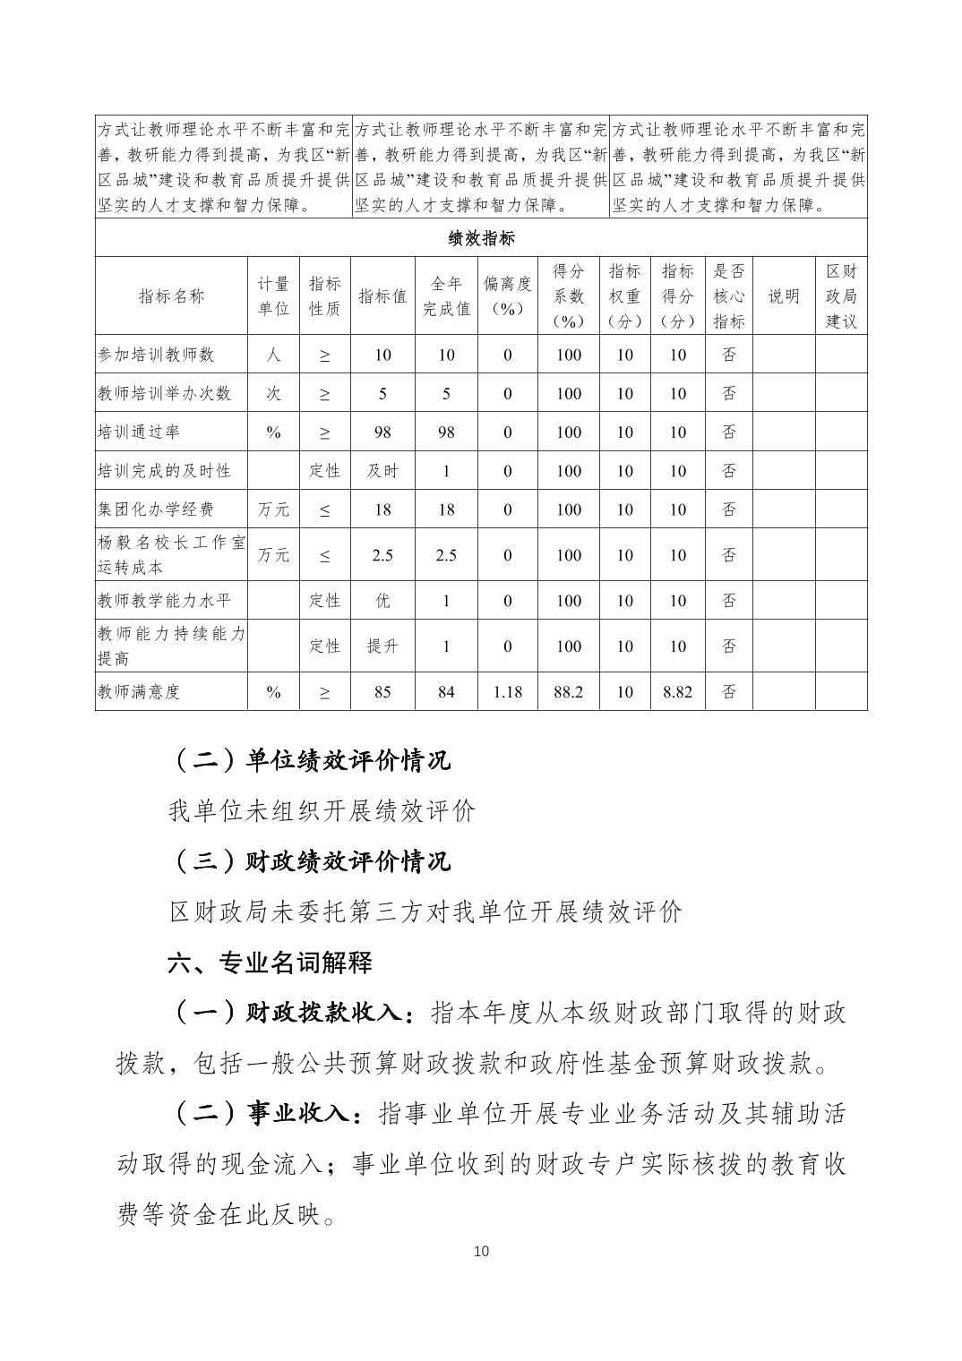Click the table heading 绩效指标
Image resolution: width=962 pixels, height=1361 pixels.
click(481, 238)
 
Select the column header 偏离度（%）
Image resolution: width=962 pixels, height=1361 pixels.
click(507, 295)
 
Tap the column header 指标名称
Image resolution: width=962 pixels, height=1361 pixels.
click(171, 295)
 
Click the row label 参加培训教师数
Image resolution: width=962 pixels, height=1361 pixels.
click(157, 355)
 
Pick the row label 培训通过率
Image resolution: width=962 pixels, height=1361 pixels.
click(139, 432)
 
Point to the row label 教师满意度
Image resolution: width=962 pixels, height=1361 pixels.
click(139, 691)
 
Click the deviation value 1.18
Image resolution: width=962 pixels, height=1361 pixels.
click(507, 691)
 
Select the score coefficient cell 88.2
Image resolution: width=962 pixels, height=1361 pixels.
click(568, 691)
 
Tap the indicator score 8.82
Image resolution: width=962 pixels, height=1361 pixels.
click(677, 691)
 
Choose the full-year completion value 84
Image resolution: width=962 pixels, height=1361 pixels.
click(446, 691)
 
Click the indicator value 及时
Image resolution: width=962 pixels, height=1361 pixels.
click(382, 470)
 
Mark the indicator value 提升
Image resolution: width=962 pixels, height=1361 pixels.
click(382, 646)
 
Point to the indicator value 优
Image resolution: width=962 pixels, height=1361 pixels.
click(382, 600)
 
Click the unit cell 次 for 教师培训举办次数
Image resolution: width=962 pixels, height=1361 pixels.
click(273, 393)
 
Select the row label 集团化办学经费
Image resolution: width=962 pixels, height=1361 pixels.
click(157, 509)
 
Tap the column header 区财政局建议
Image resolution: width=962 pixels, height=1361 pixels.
click(840, 295)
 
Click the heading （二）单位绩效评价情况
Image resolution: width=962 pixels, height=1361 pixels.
click(310, 760)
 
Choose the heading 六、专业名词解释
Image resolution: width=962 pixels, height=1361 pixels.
click(270, 963)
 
